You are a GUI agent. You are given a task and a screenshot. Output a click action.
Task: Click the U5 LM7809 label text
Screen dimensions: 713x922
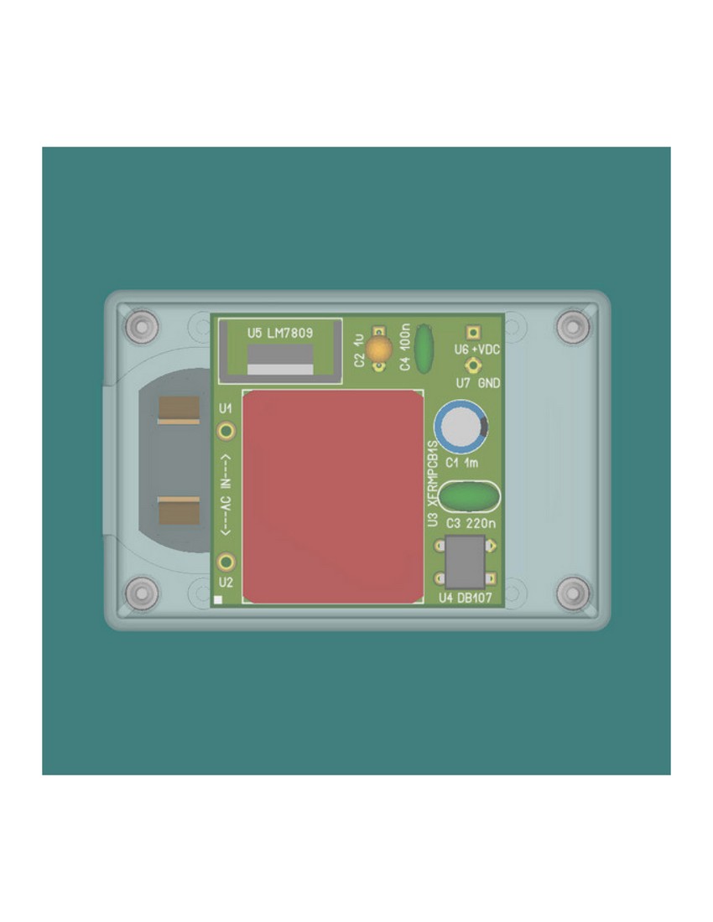point(280,334)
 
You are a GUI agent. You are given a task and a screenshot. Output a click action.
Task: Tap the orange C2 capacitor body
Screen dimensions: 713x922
point(379,350)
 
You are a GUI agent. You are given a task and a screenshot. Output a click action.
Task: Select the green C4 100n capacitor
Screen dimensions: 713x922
point(424,349)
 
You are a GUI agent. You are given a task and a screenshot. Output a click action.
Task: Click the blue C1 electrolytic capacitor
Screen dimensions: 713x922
point(461,427)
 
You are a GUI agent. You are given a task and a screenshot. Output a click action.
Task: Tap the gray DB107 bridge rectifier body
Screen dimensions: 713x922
point(466,562)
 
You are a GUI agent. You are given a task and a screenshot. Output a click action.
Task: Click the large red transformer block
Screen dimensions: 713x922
point(333,496)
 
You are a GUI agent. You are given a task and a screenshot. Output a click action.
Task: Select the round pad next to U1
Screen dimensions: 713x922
point(226,431)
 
